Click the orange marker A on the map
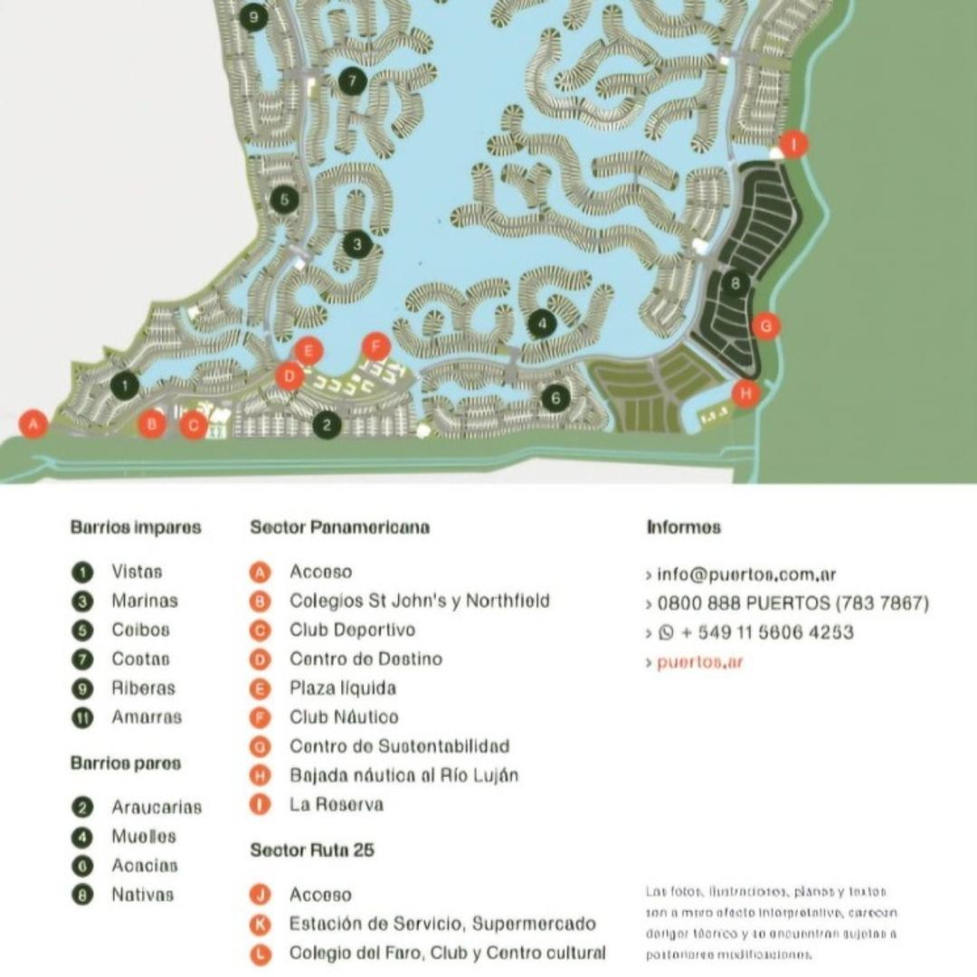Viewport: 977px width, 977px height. (33, 423)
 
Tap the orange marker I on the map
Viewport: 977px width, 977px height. (793, 144)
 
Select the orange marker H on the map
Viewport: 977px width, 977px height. (745, 394)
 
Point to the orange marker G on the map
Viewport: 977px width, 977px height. (766, 326)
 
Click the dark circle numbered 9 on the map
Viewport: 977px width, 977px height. (253, 16)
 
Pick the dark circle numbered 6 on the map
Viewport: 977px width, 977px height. (555, 397)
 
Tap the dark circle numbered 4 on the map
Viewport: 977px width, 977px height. (542, 323)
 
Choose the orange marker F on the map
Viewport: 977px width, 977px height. (375, 346)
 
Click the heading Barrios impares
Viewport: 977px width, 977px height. (136, 527)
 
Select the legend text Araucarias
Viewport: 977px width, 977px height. (157, 807)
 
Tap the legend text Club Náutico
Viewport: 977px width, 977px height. (344, 717)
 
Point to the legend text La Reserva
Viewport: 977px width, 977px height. (337, 804)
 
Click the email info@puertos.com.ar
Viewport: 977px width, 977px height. (746, 574)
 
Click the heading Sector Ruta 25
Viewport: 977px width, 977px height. (312, 850)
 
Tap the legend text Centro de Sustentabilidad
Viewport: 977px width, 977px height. (399, 746)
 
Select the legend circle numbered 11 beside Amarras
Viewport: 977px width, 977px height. (82, 718)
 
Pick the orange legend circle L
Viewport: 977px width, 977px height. (261, 953)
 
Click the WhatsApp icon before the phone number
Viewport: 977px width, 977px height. (668, 633)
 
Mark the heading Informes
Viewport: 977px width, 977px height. (684, 527)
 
